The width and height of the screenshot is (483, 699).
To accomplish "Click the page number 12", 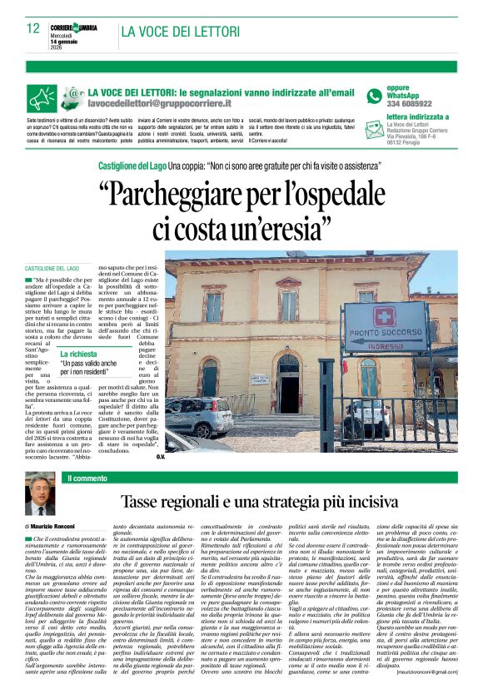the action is pyautogui.click(x=33, y=27).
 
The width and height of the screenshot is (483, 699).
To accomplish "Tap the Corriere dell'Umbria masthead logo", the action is pyautogui.click(x=74, y=27).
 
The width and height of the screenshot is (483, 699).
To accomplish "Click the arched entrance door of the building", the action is pyautogui.click(x=289, y=383).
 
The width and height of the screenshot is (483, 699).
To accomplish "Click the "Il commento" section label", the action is pyautogui.click(x=88, y=478).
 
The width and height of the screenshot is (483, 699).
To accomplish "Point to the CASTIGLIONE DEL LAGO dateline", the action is pyautogui.click(x=52, y=269).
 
